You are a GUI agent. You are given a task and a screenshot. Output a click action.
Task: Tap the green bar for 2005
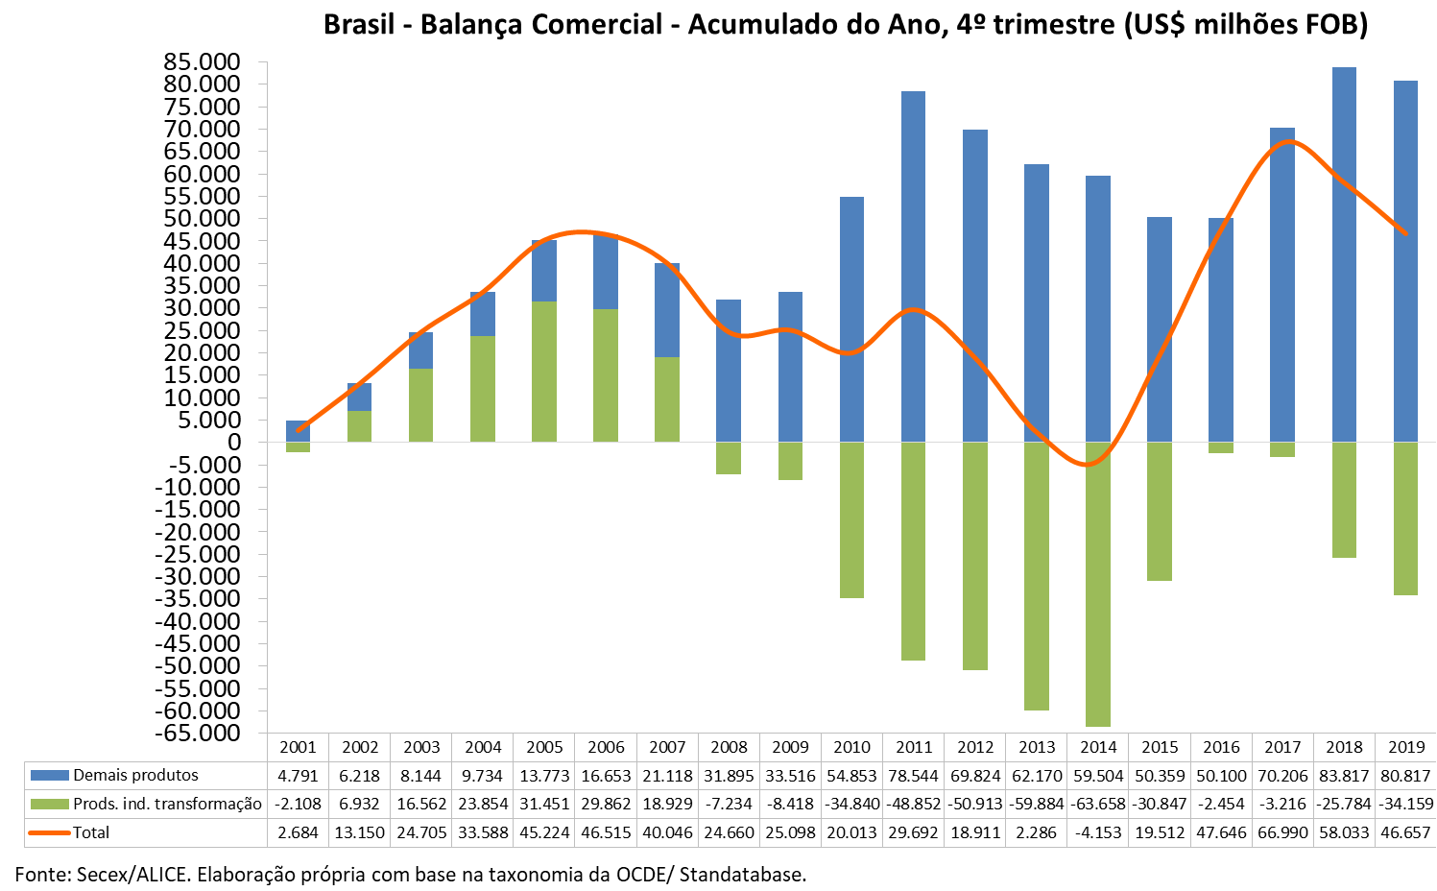tap(544, 372)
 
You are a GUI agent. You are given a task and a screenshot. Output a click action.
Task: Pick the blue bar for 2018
tap(1344, 254)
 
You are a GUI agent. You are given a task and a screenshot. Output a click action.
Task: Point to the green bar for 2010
tap(851, 519)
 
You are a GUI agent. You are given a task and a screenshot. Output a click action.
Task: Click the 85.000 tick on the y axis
tap(202, 62)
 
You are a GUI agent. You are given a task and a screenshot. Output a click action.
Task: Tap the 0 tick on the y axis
tap(233, 442)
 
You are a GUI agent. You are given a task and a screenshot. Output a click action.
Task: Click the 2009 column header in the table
tap(790, 747)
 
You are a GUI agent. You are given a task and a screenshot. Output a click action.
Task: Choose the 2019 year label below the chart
tap(1406, 747)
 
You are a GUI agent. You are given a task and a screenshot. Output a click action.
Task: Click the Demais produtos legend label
tap(135, 775)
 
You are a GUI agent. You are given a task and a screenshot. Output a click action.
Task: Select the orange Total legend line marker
tap(49, 832)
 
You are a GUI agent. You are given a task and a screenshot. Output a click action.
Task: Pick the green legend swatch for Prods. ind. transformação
tap(49, 804)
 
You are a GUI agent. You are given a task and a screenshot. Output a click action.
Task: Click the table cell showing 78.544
tap(913, 776)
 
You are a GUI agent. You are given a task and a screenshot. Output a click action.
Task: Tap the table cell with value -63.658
tap(1098, 804)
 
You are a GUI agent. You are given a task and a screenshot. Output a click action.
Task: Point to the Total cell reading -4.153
tap(1098, 832)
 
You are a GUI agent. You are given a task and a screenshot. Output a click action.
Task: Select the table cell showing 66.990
tap(1282, 832)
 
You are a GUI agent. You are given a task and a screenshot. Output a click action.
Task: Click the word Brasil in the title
tap(358, 24)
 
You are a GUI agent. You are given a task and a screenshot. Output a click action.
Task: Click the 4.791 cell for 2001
tap(298, 776)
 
